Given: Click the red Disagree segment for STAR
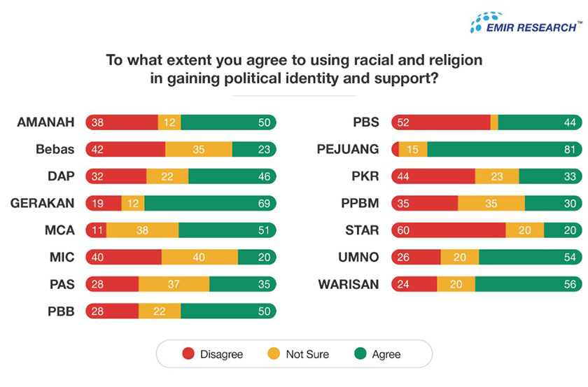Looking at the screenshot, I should point(448,230).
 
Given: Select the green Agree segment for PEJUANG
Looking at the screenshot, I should point(504,149).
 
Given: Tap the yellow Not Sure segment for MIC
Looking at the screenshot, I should point(199,258).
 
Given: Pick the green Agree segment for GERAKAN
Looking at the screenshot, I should point(210,203).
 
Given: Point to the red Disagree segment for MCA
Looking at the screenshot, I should point(96,230).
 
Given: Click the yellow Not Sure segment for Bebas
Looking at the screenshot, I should point(198,149).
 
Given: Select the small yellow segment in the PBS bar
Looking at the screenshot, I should point(494,122).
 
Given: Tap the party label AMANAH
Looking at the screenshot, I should point(47,122).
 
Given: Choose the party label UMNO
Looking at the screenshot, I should point(358,258).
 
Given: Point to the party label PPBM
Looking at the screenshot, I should point(359,203).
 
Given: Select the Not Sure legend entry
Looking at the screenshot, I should point(298,354).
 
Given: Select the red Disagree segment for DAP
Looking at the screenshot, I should point(115,176).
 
